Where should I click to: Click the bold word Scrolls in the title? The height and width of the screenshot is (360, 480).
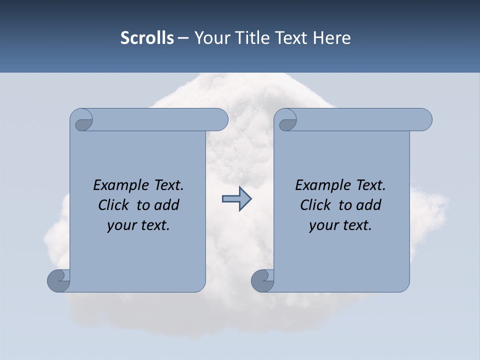click(147, 38)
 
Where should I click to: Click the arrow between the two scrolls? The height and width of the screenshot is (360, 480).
click(236, 199)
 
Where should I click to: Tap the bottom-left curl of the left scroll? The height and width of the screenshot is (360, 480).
click(59, 280)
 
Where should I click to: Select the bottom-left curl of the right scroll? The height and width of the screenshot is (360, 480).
click(262, 280)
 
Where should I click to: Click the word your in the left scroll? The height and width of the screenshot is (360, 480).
click(122, 225)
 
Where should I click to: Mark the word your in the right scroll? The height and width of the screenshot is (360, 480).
click(324, 225)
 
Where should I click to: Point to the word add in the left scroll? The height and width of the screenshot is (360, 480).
click(166, 205)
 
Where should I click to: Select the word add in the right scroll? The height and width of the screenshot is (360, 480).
click(368, 205)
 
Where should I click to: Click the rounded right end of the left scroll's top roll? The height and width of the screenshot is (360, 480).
click(221, 119)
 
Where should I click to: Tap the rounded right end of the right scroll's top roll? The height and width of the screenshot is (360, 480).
click(425, 119)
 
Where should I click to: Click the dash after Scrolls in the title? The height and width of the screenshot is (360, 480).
click(183, 38)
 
